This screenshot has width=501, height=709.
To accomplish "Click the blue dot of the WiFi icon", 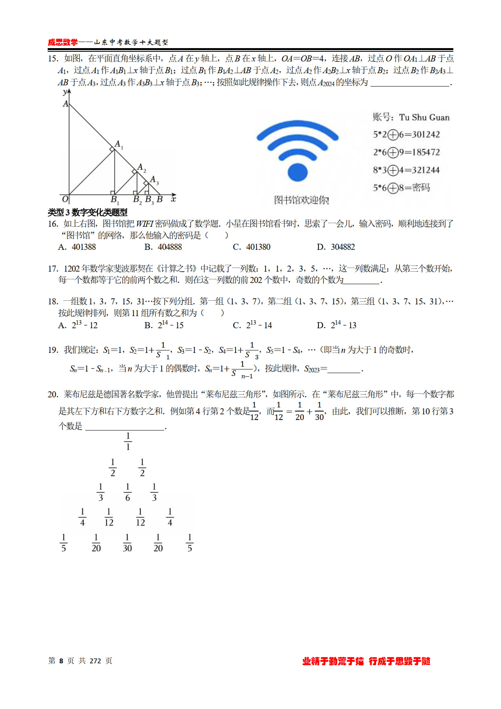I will coord(298,172).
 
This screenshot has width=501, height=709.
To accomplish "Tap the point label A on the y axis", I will coord(65,104).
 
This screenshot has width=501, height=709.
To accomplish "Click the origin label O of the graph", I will coord(65,198).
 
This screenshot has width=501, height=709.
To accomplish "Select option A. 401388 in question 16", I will coord(77,247).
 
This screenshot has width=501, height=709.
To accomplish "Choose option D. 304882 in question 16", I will coord(336,247).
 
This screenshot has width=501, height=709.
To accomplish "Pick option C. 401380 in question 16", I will coord(252,247).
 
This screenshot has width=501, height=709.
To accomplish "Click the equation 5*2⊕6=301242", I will coord(406,135).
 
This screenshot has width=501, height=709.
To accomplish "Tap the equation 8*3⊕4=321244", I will coord(406,170).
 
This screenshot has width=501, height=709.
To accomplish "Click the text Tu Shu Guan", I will coord(424,117).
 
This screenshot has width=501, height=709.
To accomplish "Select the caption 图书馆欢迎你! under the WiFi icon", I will coord(301,200).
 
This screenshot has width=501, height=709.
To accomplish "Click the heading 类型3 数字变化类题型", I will coord(88,212).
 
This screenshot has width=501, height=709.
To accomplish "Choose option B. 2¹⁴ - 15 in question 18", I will coord(164,325).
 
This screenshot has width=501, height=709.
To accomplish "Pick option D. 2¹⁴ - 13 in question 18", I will coord(337,325).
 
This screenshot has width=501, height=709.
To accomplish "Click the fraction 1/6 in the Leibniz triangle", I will coord(128,492).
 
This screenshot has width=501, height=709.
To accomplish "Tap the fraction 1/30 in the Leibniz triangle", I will coord(127,543).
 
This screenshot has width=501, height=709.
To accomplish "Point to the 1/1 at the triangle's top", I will coord(128,441).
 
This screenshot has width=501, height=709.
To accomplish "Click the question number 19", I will coord(53,350).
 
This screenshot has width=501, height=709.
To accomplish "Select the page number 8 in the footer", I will coord(61,661).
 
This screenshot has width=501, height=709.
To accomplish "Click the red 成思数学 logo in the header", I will coord(63,42).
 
